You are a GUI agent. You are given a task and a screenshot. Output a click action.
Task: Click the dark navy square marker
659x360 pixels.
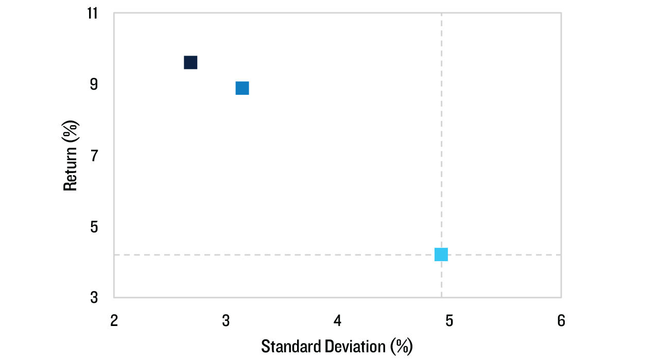190,62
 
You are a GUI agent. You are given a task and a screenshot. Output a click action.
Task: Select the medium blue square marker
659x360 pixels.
242,88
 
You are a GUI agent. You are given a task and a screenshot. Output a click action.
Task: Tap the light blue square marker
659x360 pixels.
441,254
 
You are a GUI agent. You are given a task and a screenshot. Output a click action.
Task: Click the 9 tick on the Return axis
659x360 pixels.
94,84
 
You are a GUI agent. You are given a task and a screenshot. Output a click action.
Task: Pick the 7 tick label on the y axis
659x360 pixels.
94,155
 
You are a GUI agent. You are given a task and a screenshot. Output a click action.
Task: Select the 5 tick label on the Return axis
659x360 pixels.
94,227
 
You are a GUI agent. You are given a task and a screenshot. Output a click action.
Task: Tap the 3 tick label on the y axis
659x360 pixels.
94,298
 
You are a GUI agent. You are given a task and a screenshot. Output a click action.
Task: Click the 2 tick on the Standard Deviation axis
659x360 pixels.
114,321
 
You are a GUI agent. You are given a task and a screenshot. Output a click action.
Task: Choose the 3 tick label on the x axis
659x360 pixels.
226,321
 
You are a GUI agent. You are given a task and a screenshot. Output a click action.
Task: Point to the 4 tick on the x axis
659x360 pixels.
337,321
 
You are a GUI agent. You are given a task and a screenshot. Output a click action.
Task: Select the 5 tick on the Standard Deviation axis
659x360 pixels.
449,321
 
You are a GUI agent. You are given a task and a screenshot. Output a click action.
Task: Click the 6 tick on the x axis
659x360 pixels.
561,321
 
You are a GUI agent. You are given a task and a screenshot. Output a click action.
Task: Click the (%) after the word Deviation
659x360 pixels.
401,346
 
